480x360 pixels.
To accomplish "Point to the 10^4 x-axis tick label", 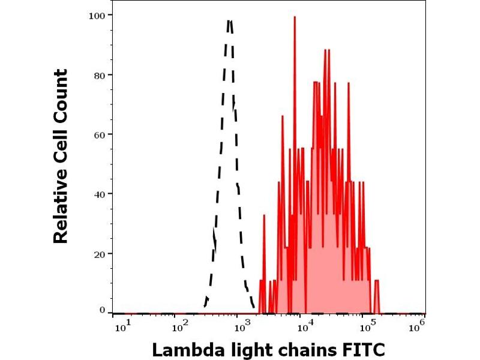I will (305, 325).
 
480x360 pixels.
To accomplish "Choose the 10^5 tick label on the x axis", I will (366, 325).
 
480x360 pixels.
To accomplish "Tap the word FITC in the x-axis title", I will (364, 349).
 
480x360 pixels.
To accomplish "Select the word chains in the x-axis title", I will (304, 349).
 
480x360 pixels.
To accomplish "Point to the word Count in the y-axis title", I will (61, 91).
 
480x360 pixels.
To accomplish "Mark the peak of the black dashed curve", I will (230, 21).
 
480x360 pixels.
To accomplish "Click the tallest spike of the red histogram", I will (295, 17).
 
